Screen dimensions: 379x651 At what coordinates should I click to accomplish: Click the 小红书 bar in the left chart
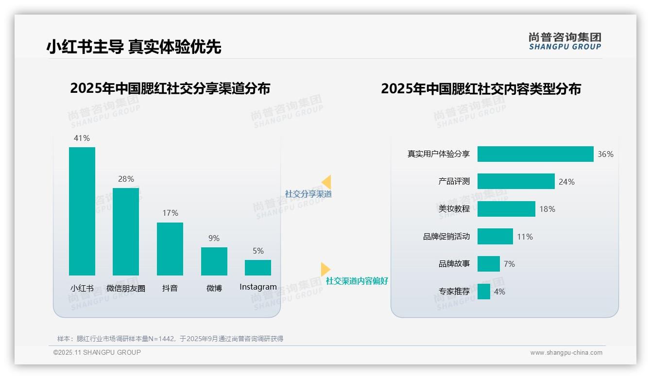tap(82, 211)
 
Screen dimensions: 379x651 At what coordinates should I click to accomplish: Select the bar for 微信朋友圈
tap(126, 232)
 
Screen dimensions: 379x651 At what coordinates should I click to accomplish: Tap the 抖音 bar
tap(170, 249)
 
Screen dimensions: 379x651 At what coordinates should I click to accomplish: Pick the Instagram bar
tap(258, 268)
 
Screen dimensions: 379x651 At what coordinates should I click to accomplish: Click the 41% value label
tap(82, 138)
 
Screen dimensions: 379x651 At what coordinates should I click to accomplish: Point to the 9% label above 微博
tap(214, 238)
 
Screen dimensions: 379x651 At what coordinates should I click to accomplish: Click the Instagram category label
tap(258, 287)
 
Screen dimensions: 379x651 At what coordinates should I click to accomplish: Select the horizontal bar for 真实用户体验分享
tap(535, 154)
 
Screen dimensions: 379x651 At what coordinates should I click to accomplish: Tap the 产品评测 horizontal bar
tap(515, 181)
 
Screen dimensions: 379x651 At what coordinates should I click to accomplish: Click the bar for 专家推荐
tap(483, 292)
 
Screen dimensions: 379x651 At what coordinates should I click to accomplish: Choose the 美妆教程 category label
tap(454, 209)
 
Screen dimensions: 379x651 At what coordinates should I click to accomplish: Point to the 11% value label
tap(525, 237)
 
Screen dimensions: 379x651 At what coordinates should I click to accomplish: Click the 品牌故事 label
tap(454, 264)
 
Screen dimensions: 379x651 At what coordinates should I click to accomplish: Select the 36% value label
tap(605, 154)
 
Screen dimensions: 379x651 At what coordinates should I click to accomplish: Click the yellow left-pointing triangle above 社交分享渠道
tap(326, 182)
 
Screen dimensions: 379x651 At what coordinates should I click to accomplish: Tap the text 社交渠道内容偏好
tap(357, 281)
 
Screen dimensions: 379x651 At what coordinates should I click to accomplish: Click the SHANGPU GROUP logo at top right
tap(565, 41)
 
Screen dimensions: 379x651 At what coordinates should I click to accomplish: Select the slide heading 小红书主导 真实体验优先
tap(134, 47)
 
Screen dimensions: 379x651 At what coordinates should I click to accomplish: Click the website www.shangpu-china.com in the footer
tap(566, 353)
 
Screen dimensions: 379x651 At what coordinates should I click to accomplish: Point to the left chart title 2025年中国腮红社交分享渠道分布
tap(170, 88)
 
